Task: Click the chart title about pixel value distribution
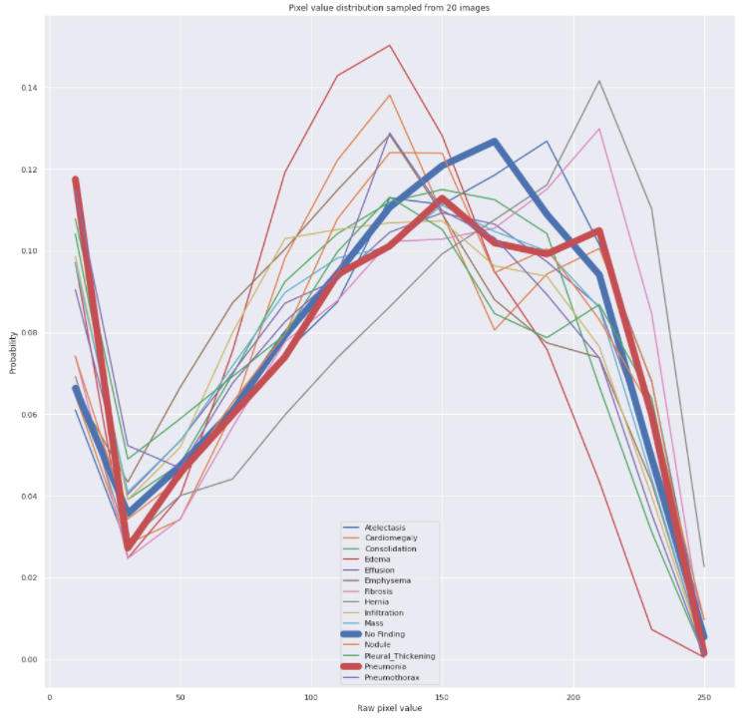(389, 8)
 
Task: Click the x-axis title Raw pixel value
(390, 708)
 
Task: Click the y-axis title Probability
(13, 352)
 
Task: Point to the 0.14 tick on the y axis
(29, 88)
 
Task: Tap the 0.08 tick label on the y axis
(29, 333)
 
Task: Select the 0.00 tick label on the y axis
(29, 660)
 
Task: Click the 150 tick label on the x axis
(442, 697)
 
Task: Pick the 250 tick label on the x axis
(704, 697)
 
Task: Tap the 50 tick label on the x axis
(181, 697)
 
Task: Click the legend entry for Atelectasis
(374, 528)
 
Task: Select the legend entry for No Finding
(374, 634)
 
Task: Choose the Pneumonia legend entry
(374, 666)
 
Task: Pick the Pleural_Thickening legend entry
(389, 656)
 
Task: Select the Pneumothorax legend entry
(381, 677)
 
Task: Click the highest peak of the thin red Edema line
(390, 45)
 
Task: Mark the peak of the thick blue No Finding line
(494, 142)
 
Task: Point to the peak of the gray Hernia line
(599, 81)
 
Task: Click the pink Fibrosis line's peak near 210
(599, 129)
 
